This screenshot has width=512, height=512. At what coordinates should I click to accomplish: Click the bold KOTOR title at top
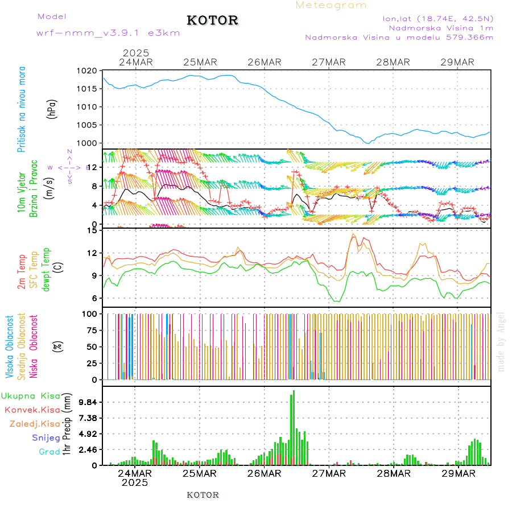click(212, 20)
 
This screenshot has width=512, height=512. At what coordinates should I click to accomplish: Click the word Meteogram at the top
click(331, 5)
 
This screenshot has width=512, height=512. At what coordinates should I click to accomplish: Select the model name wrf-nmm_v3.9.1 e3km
click(108, 33)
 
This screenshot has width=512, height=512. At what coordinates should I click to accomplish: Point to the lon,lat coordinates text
click(438, 18)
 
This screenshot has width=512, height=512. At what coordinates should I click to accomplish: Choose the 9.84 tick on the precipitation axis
click(88, 402)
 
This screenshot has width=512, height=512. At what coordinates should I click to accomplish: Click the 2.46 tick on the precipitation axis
click(88, 449)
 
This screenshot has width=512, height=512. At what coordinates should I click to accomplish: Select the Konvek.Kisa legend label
click(32, 410)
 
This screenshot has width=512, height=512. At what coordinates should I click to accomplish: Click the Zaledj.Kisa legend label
click(35, 424)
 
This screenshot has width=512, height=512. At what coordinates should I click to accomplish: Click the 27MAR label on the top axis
click(329, 62)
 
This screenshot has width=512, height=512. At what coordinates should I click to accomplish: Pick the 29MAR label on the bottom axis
click(458, 473)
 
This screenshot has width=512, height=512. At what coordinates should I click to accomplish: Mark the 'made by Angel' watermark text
click(501, 341)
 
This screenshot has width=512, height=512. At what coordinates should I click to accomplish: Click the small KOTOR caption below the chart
click(203, 495)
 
